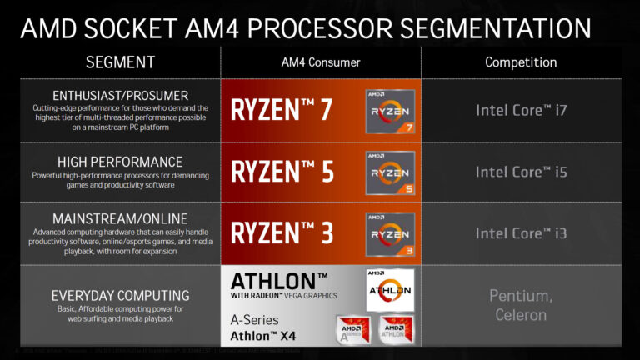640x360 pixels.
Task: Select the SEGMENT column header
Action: click(120, 62)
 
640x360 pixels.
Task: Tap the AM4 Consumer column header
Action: click(321, 62)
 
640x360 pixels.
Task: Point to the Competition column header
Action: click(522, 62)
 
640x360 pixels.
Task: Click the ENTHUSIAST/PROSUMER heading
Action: click(119, 94)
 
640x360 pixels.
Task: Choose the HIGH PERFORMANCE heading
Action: click(119, 161)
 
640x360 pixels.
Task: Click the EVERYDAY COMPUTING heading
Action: click(119, 295)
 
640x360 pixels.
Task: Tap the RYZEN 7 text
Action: click(282, 110)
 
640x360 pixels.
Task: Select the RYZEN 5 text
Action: click(282, 172)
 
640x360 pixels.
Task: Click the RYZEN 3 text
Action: click(282, 232)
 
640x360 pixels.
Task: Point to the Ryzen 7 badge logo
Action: click(390, 112)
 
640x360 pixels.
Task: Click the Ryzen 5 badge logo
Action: click(390, 172)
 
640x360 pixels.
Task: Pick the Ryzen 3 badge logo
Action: click(390, 233)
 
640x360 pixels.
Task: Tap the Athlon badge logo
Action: click(390, 289)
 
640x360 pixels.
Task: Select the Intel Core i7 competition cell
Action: click(522, 110)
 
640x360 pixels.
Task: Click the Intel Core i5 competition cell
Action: click(522, 172)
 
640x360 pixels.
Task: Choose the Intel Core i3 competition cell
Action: click(522, 232)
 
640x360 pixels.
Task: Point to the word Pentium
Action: click(520, 296)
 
